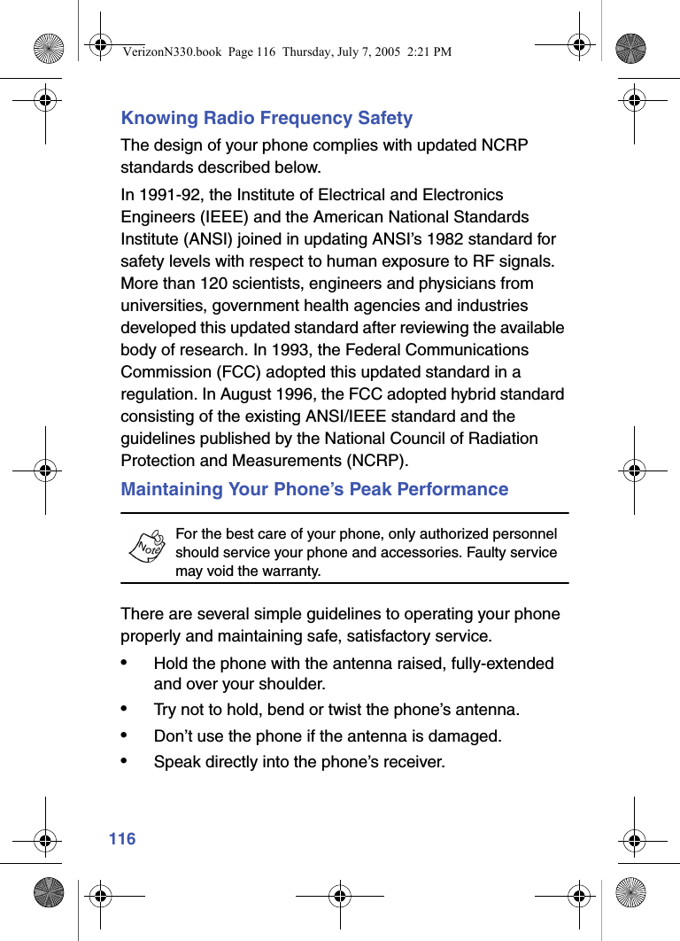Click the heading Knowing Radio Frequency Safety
tap(267, 118)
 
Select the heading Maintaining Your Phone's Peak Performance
tap(314, 489)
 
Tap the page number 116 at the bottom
tap(122, 838)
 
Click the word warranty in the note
tap(289, 572)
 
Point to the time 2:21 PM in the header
tap(425, 51)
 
